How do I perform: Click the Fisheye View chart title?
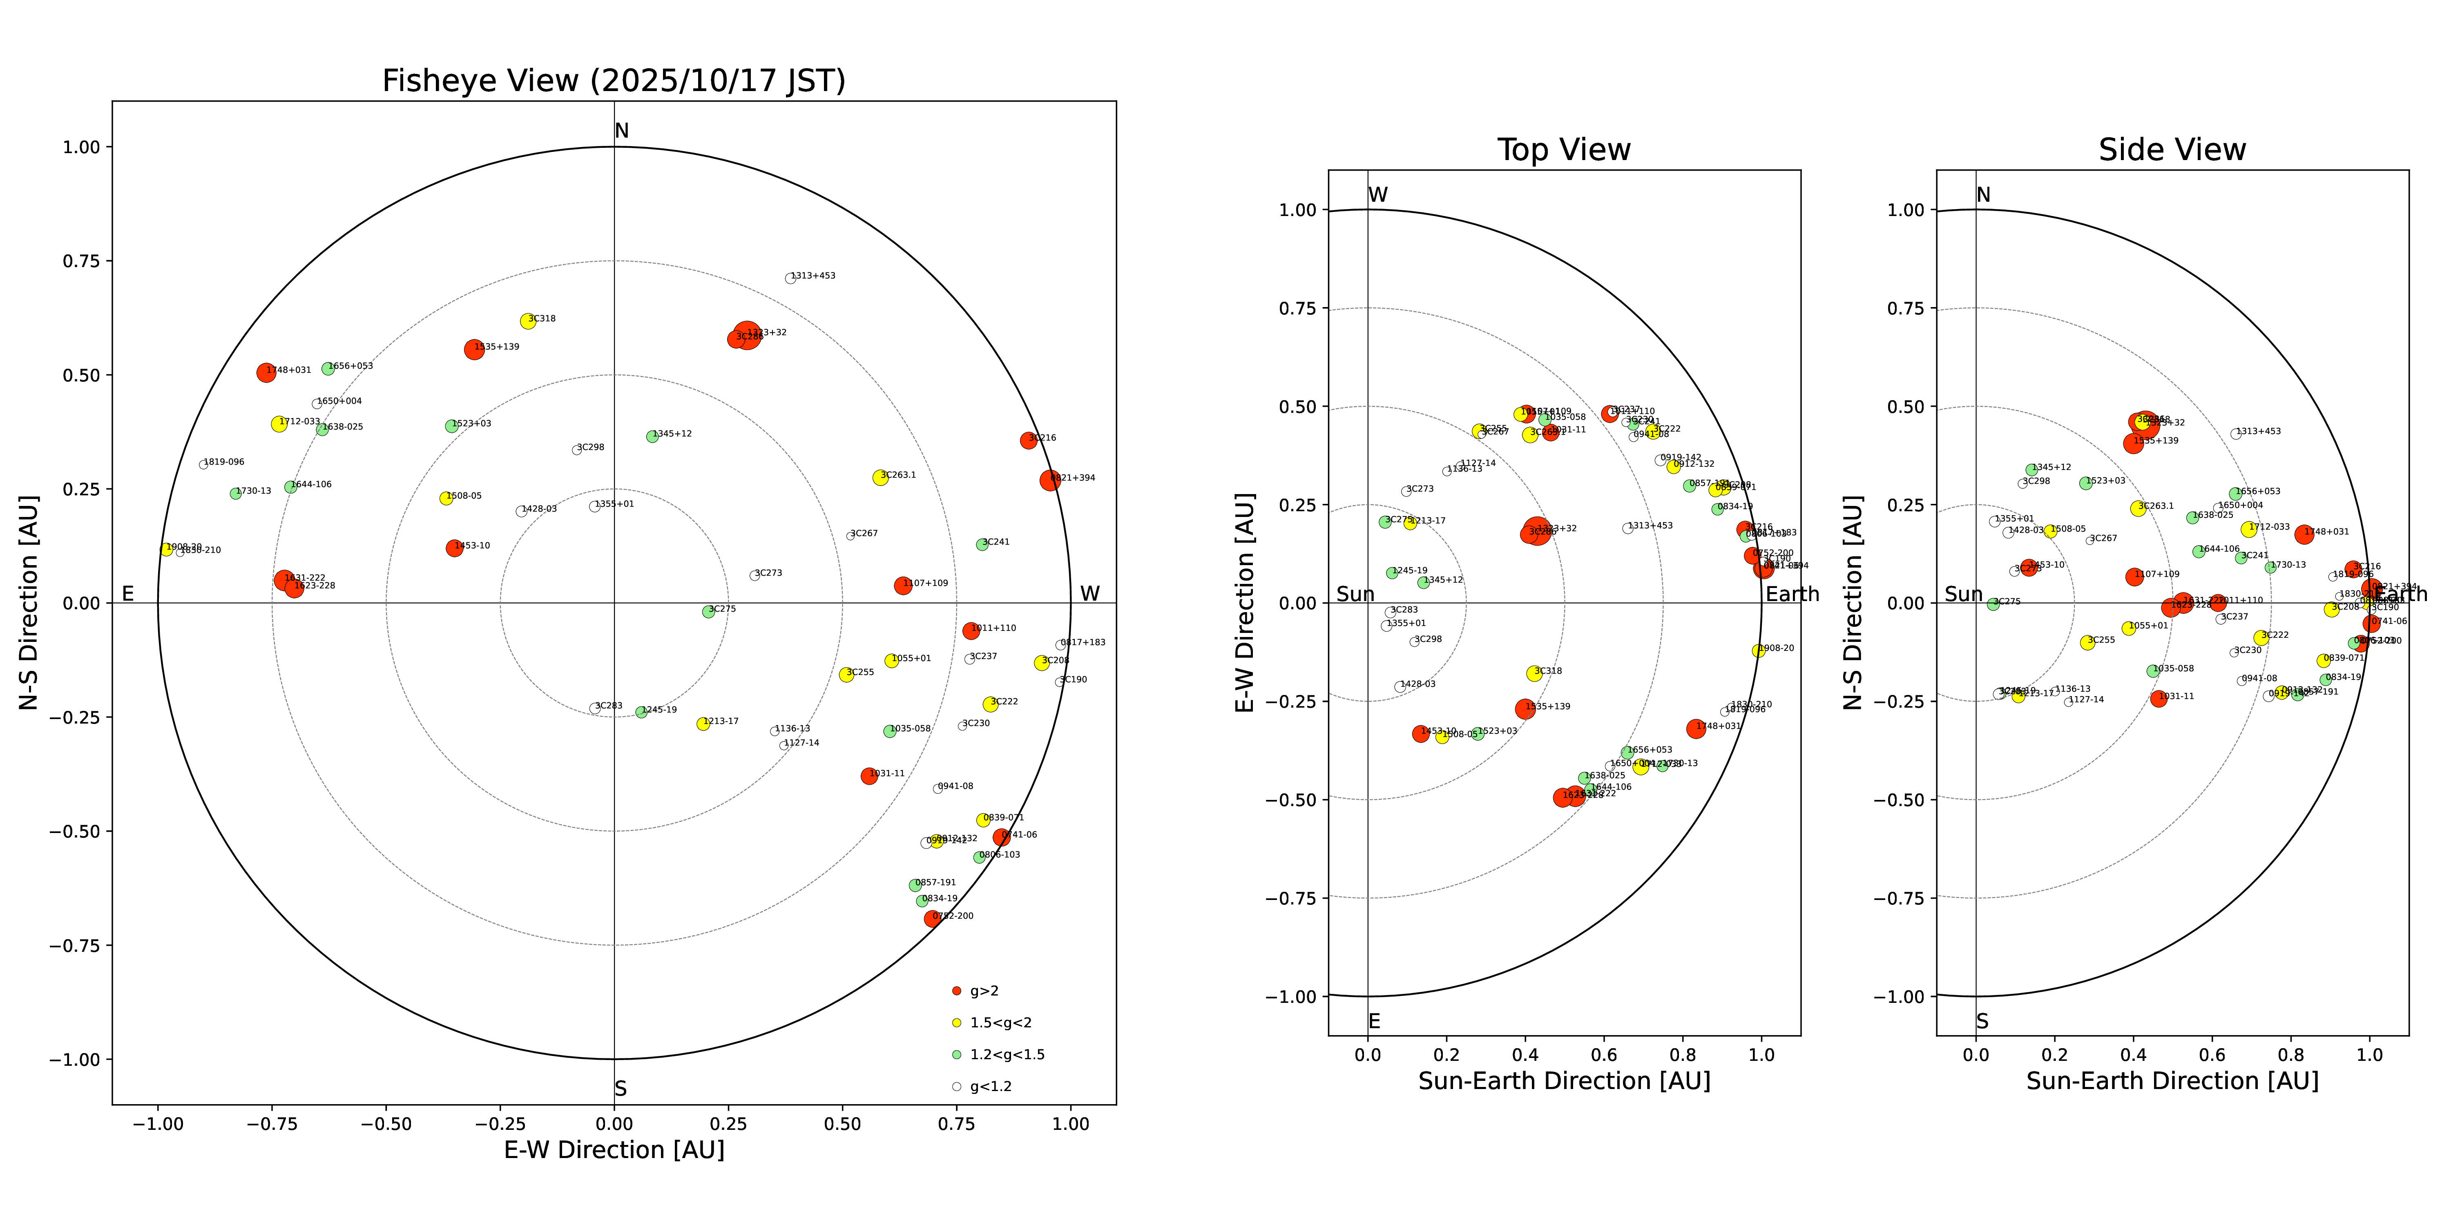614,81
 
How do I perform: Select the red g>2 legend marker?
956,991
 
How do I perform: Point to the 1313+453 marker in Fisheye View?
790,278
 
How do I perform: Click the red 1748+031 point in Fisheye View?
266,373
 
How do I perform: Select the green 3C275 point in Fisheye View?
708,612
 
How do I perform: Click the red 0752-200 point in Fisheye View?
933,919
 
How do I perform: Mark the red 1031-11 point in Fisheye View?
869,776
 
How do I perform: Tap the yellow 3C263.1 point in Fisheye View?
880,477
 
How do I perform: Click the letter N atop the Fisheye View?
621,131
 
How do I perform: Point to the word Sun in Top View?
1355,595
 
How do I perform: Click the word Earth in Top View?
1792,595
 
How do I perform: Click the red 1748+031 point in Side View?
2304,535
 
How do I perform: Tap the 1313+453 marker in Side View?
2236,434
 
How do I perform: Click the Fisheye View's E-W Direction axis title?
614,1150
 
